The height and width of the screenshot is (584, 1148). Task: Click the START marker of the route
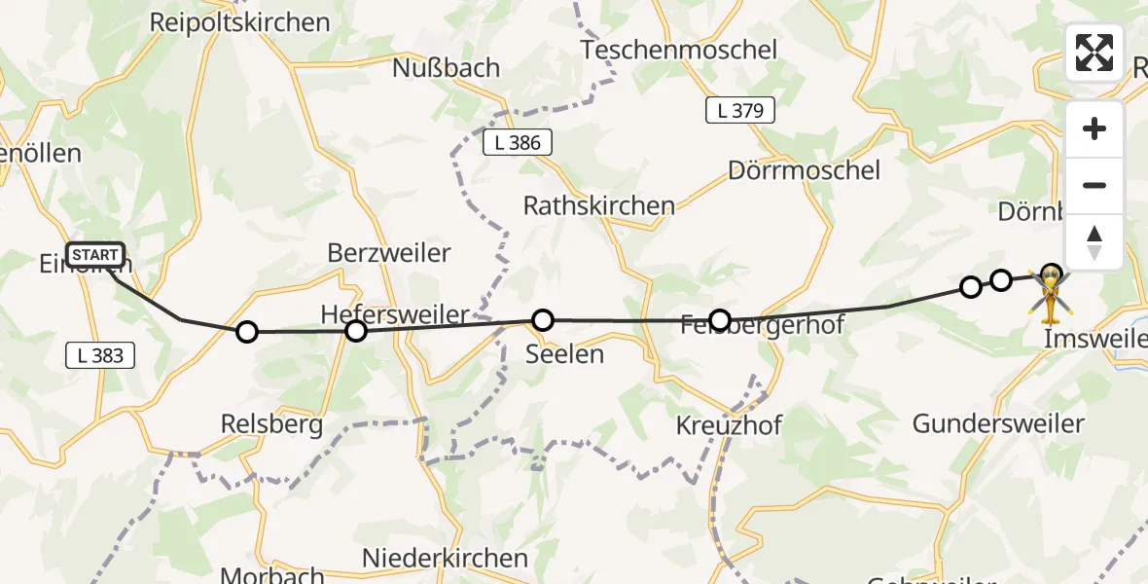click(x=96, y=256)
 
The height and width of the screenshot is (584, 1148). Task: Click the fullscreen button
click(x=1094, y=53)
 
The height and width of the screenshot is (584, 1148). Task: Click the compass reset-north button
click(x=1094, y=242)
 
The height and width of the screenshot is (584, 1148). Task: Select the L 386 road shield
click(x=518, y=143)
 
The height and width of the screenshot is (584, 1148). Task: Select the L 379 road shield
click(x=740, y=111)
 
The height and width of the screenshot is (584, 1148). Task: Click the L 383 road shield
click(x=100, y=355)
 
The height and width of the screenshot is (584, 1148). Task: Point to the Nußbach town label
click(x=446, y=68)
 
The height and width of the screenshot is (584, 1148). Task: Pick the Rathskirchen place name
click(x=598, y=206)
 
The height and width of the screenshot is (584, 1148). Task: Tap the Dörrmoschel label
click(x=804, y=170)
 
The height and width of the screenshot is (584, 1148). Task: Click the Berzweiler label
click(x=389, y=253)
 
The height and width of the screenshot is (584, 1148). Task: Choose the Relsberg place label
click(x=271, y=425)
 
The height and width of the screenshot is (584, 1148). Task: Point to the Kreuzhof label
click(x=729, y=425)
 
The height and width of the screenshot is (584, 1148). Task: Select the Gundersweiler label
click(x=998, y=423)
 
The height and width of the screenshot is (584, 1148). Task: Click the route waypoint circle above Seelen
click(x=543, y=319)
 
